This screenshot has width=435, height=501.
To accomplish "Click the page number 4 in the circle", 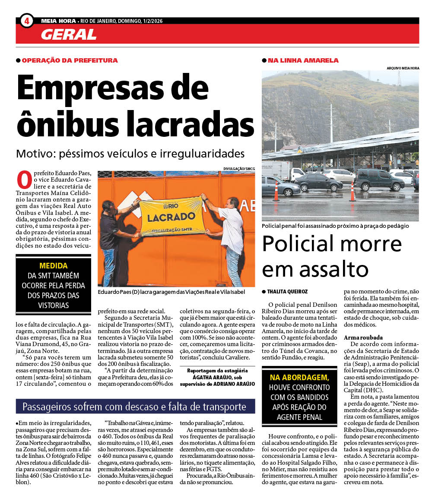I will click(x=27, y=21).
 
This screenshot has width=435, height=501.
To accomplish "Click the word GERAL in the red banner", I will click(x=69, y=34).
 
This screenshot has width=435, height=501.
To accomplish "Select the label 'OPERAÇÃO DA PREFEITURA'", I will click(x=70, y=60).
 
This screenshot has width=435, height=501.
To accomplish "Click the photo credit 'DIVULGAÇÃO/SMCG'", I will click(x=239, y=168).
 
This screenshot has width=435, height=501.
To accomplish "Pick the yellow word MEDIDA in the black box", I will click(x=54, y=265).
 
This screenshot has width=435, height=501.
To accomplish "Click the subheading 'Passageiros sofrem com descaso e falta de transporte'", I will click(x=134, y=406).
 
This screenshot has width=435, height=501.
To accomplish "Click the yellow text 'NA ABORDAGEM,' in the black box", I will click(x=299, y=378).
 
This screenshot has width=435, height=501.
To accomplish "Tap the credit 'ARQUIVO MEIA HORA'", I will click(x=403, y=68).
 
